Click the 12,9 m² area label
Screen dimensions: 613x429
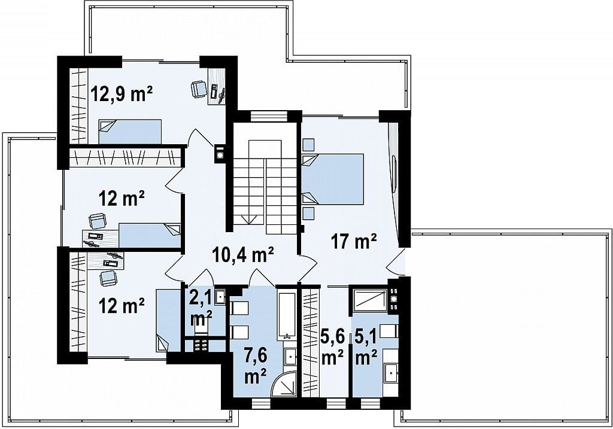[122, 94]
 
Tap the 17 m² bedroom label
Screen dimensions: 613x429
[354, 241]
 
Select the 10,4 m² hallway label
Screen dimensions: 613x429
[243, 255]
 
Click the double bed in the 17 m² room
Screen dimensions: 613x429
[333, 179]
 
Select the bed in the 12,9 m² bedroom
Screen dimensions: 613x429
[130, 132]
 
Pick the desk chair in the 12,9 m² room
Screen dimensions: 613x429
[199, 89]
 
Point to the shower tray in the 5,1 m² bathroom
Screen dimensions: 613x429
[369, 300]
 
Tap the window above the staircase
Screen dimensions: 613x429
[269, 116]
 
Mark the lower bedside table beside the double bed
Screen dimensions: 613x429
[309, 214]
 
